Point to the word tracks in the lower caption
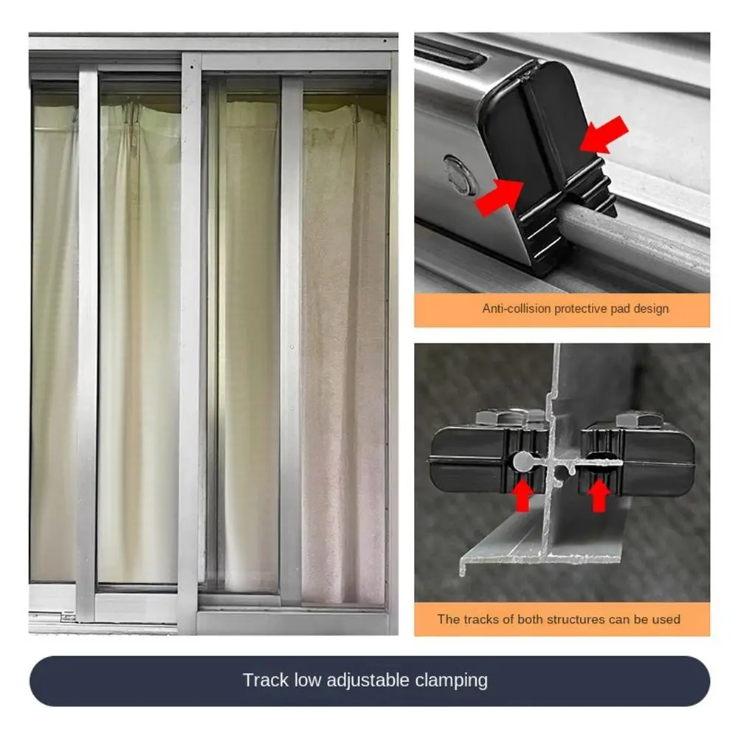coord(481,618)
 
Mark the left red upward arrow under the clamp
coord(523,494)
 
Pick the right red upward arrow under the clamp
coord(599,494)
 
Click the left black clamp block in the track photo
coord(472,461)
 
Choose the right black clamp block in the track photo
coord(642,461)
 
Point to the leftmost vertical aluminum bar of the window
coord(87,339)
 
